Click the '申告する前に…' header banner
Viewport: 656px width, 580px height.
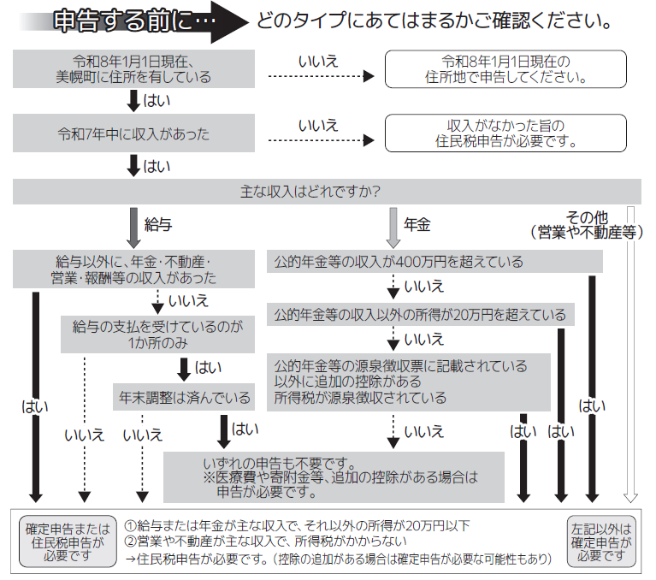pyautogui.click(x=128, y=21)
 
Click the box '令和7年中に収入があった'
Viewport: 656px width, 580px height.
pyautogui.click(x=133, y=134)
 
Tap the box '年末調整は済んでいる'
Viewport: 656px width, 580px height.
pyautogui.click(x=184, y=397)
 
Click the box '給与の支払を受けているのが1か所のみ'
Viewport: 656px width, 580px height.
pyautogui.click(x=158, y=334)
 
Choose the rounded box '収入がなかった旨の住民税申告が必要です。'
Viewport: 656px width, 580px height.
pyautogui.click(x=511, y=134)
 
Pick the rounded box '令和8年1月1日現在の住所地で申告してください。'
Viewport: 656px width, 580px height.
pyautogui.click(x=511, y=69)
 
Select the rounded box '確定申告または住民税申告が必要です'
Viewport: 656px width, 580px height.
pyautogui.click(x=68, y=542)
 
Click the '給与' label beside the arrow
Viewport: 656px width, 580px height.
pyautogui.click(x=158, y=225)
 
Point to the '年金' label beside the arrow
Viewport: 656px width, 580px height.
pyautogui.click(x=417, y=225)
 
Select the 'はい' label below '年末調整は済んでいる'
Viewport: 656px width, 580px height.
pyautogui.click(x=245, y=428)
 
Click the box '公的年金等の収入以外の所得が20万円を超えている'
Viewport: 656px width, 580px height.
pyautogui.click(x=420, y=315)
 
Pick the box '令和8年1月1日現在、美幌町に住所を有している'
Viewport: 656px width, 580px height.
pyautogui.click(x=133, y=69)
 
